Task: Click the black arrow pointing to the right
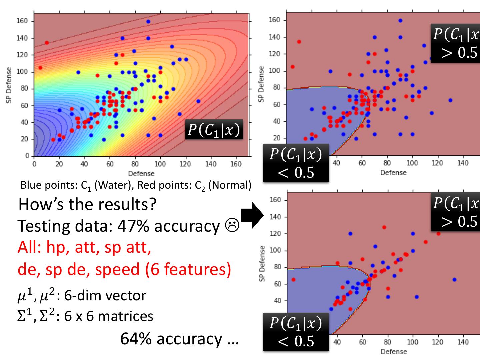click(252, 215)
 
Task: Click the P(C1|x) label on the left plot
click(214, 130)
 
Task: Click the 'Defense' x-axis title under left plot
click(141, 174)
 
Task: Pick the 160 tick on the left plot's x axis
click(236, 164)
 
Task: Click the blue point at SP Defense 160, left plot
click(148, 21)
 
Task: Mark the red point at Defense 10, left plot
click(47, 43)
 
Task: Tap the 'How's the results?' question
click(87, 204)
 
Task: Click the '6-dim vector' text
click(105, 296)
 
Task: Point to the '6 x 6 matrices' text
click(109, 316)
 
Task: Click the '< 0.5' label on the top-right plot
click(296, 173)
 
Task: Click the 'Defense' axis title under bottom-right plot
click(394, 352)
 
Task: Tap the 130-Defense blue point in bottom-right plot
click(454, 280)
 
